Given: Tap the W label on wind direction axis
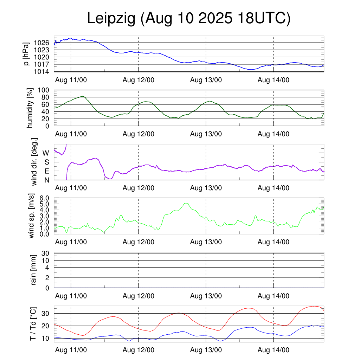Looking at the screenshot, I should tap(46, 153).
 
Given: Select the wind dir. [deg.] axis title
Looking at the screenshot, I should tap(34, 162).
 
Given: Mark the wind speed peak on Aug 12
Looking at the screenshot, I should tap(186, 203).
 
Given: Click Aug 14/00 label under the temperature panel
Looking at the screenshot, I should tap(274, 350).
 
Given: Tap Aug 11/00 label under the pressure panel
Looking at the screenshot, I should tap(71, 80).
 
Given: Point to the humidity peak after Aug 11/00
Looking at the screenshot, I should tap(83, 96).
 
